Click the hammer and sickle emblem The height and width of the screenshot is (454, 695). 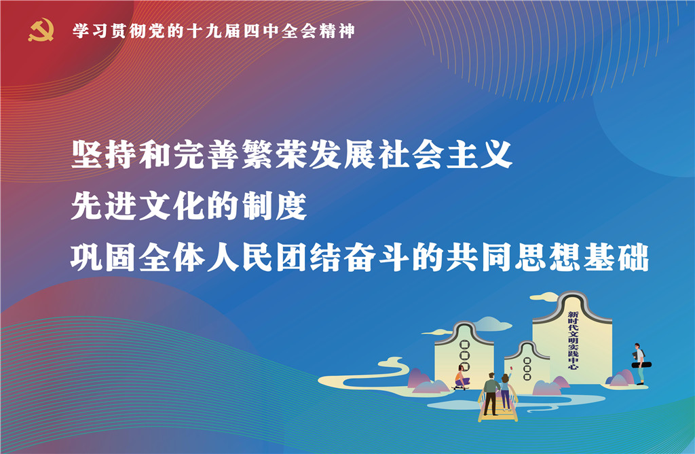pos(41,30)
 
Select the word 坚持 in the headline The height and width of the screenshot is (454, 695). pos(104,154)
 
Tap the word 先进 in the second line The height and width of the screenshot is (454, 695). pos(104,206)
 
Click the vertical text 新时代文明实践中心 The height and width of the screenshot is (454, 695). pos(573,340)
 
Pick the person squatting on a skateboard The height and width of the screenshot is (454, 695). pos(462,378)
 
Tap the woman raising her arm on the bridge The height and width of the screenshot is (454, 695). pos(505,391)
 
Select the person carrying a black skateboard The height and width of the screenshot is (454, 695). pos(640,364)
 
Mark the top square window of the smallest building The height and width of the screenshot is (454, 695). pos(527,361)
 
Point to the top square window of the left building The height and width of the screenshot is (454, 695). pos(464,345)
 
